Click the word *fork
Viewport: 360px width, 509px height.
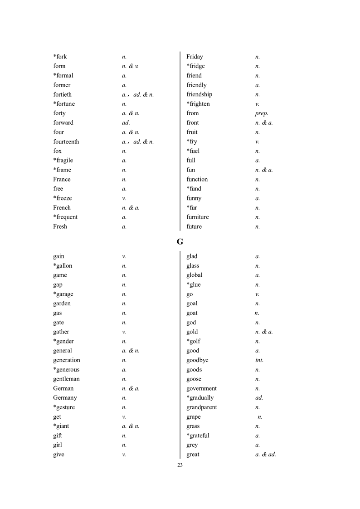tap(60, 57)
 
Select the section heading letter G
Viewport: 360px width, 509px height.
tap(180, 242)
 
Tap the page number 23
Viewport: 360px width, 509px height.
tap(180, 465)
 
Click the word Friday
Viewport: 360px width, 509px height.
tap(195, 57)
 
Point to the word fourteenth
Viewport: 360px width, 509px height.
tap(66, 142)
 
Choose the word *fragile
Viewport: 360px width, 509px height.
tap(63, 161)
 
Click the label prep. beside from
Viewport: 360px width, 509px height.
tap(262, 113)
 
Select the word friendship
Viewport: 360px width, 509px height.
tap(199, 94)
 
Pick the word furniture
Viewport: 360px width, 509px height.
tap(198, 217)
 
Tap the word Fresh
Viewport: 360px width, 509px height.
tap(60, 227)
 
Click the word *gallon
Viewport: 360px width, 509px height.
tap(63, 266)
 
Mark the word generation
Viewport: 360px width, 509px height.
tap(66, 360)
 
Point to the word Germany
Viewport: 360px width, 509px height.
tap(65, 398)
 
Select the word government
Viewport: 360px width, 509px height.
tap(201, 388)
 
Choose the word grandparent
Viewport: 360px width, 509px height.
tap(201, 407)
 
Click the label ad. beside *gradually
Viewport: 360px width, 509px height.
tap(259, 398)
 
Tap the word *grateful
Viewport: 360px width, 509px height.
tap(198, 436)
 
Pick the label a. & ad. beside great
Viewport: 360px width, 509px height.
tap(266, 455)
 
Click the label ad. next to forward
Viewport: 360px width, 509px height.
tap(126, 123)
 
